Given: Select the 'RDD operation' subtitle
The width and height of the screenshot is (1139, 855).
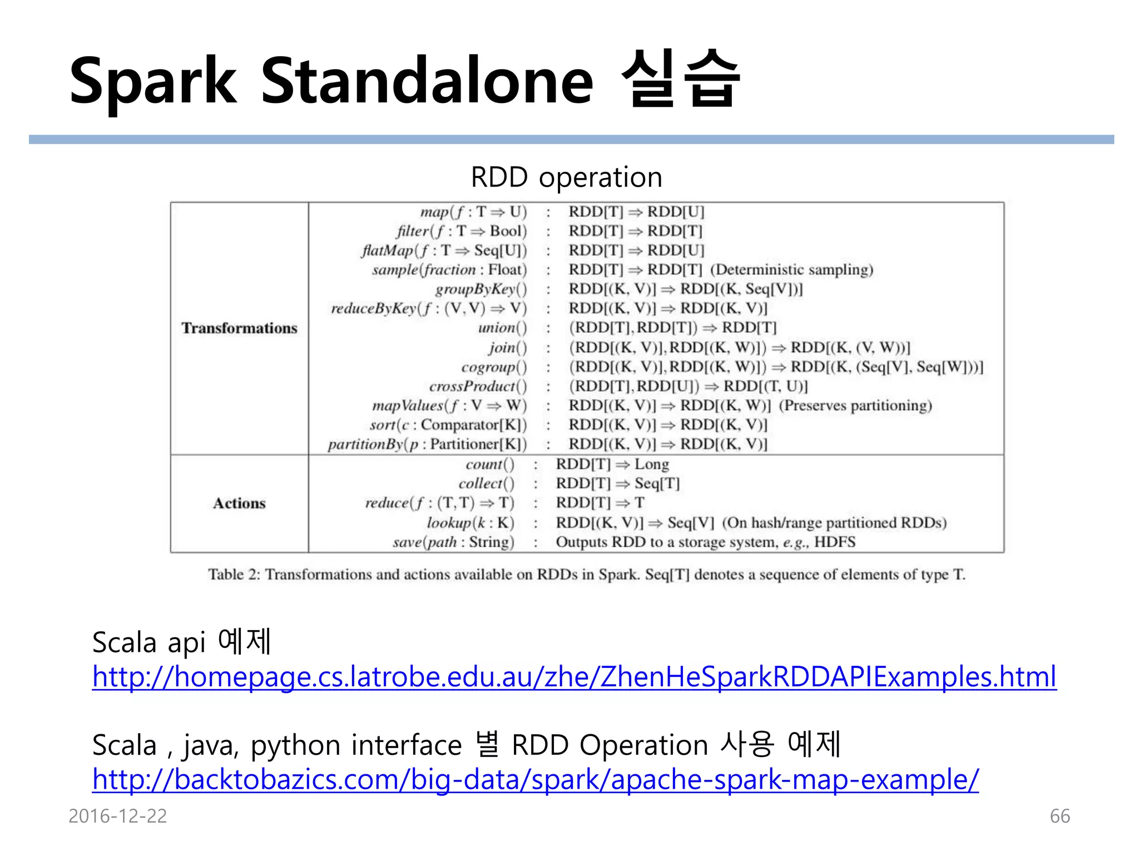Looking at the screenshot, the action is (566, 177).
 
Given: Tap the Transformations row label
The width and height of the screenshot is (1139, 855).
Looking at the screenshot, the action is (239, 328).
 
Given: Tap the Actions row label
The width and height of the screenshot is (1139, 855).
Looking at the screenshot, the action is (239, 503).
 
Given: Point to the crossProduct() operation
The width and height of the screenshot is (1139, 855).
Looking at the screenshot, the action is (477, 386).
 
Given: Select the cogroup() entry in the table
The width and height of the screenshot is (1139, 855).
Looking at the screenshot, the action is (493, 367).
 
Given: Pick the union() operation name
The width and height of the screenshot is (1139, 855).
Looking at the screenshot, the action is (502, 328).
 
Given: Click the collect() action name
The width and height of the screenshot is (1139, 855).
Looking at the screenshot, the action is (486, 483).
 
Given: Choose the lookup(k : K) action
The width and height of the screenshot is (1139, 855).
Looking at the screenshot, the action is (470, 523).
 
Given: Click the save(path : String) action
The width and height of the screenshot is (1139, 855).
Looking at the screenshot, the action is (453, 542).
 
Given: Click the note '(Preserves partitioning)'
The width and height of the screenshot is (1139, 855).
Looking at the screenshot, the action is (855, 405).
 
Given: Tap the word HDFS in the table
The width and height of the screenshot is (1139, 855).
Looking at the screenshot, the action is (834, 542).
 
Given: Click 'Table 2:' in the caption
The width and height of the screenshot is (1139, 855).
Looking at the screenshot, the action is (234, 574).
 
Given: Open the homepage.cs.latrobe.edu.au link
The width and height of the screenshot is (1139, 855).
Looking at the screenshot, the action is (574, 677).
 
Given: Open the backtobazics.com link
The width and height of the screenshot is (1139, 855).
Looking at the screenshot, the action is (535, 779).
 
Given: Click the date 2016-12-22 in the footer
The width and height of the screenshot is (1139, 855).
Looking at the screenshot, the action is (117, 816).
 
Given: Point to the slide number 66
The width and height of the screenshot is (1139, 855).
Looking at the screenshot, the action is (1059, 816).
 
